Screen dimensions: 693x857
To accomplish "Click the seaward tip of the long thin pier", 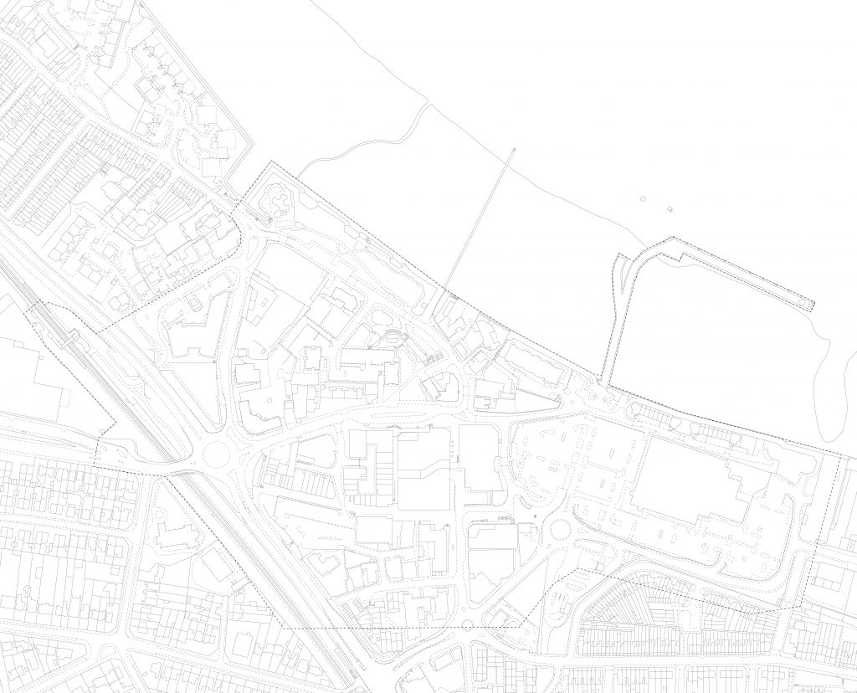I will (512, 151).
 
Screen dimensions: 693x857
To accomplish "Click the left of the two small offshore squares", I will (643, 200).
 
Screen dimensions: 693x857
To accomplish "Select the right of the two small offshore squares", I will (670, 207).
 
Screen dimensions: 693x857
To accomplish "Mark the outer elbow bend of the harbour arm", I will (674, 240).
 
